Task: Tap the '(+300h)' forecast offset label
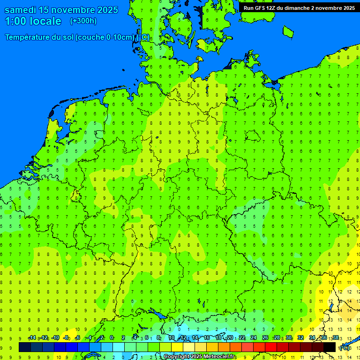point(83,21)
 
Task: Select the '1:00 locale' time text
point(33,21)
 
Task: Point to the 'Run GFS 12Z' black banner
point(299,7)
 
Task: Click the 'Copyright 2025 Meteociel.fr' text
point(199,357)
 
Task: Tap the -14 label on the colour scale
point(32,338)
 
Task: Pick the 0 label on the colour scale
point(112,338)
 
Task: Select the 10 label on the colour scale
point(172,338)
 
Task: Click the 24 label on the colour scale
point(254,338)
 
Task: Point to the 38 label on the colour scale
point(336,338)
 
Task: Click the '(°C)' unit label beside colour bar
point(345,347)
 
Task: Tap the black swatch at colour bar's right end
point(330,347)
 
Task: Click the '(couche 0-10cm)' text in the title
point(105,37)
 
